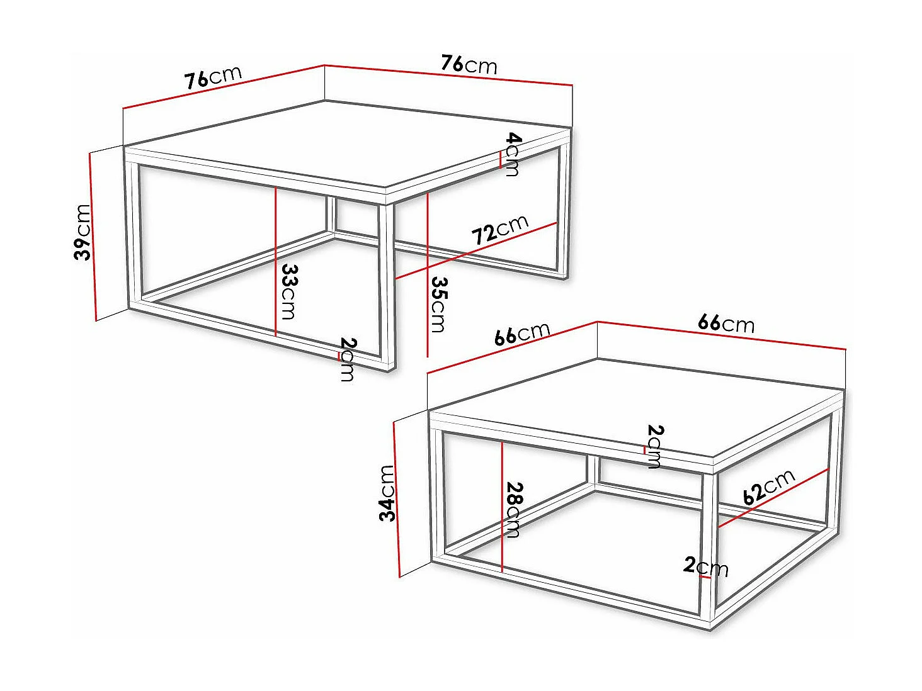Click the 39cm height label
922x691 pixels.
(83, 232)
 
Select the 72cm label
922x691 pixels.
(500, 230)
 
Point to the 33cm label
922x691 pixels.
(288, 291)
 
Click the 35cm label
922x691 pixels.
(438, 305)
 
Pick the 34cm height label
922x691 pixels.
(387, 493)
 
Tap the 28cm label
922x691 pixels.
(514, 510)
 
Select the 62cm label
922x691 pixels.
(768, 486)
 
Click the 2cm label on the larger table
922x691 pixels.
(347, 359)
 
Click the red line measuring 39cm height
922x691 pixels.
(93, 236)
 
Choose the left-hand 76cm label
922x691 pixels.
(213, 77)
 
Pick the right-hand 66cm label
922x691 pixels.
(726, 323)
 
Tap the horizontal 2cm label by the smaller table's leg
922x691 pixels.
(705, 566)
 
